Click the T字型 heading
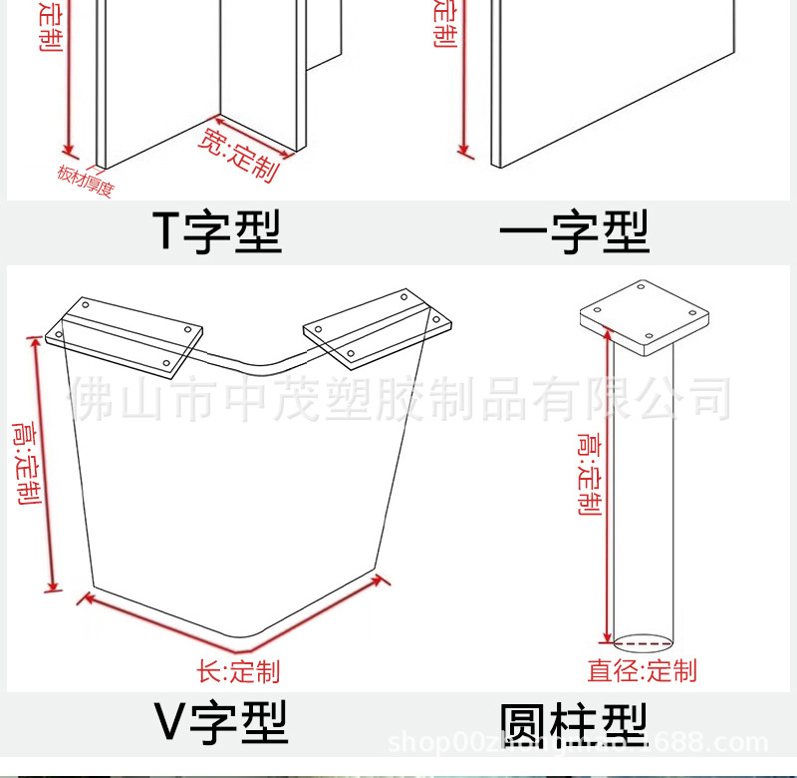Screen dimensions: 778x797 216,230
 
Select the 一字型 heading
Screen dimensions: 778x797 575,230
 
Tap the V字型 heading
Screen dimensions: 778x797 221,721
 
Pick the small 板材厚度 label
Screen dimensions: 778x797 85,181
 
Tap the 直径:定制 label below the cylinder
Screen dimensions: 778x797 642,670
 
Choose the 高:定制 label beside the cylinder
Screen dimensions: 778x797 589,475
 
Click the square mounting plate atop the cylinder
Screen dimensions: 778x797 645,318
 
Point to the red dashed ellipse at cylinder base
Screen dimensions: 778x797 644,640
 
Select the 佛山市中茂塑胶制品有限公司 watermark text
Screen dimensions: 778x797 398,399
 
